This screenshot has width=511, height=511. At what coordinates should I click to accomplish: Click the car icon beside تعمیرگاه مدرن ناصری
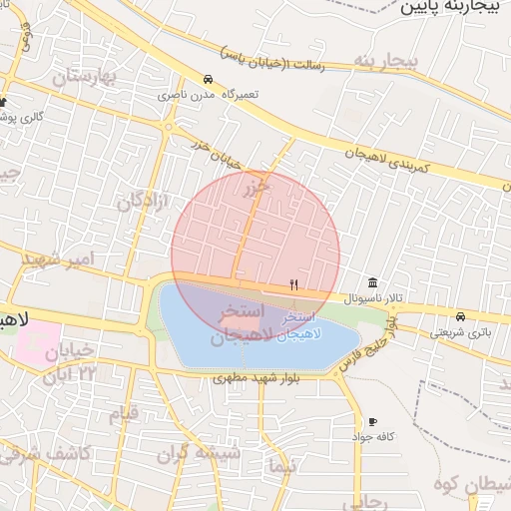207,80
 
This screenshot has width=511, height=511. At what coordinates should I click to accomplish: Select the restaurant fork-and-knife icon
293,284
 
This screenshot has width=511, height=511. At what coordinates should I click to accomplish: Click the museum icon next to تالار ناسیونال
372,281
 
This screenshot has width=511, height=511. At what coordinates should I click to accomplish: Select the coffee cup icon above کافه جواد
373,422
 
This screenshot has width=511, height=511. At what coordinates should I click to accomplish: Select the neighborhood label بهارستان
86,77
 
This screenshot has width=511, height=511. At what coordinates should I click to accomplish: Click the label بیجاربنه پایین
455,8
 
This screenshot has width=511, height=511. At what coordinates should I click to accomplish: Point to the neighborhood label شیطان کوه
475,486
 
